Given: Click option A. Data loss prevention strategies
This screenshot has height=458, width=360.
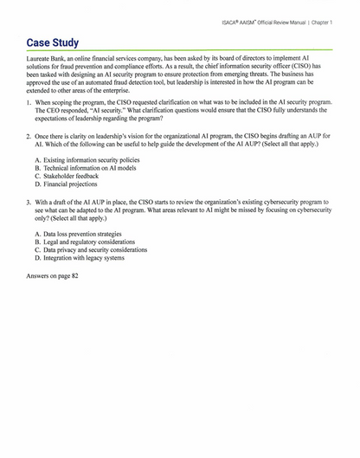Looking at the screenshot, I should tap(78, 234).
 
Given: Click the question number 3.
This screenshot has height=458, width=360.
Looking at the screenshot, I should tap(29, 200).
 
